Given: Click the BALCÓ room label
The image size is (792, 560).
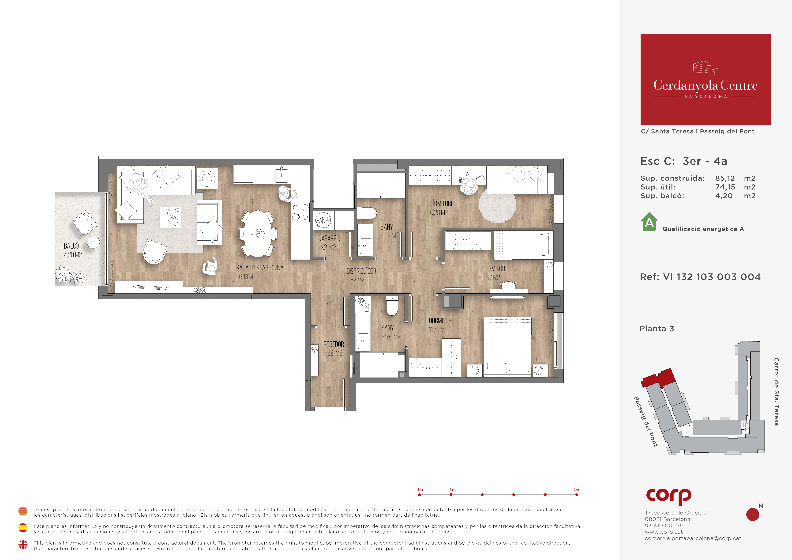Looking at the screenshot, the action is [x=71, y=246].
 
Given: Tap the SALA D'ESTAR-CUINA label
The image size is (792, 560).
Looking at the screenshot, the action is [x=260, y=268].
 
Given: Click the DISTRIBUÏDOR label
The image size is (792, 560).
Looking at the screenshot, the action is [x=361, y=271].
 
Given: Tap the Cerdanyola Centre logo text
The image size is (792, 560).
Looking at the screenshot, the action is [x=705, y=85].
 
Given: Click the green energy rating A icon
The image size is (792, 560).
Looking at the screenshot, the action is [x=649, y=222].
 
